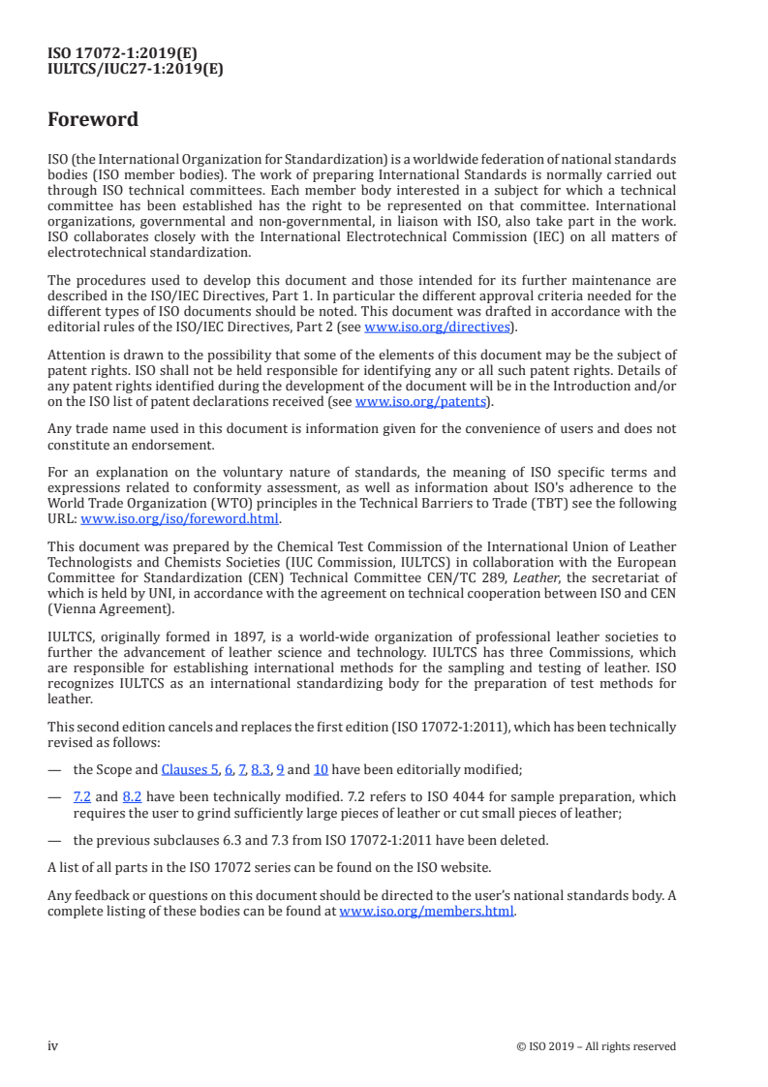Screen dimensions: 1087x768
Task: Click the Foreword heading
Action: (93, 120)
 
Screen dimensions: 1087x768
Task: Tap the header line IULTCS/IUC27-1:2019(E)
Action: (136, 69)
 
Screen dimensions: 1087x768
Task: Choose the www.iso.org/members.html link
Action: (426, 912)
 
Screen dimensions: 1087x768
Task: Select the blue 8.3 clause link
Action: (261, 769)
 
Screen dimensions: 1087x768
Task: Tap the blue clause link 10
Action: (321, 769)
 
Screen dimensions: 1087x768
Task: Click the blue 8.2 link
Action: (133, 796)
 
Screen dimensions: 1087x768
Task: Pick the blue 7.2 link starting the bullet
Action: (82, 796)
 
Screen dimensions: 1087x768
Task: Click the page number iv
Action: (53, 1045)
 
